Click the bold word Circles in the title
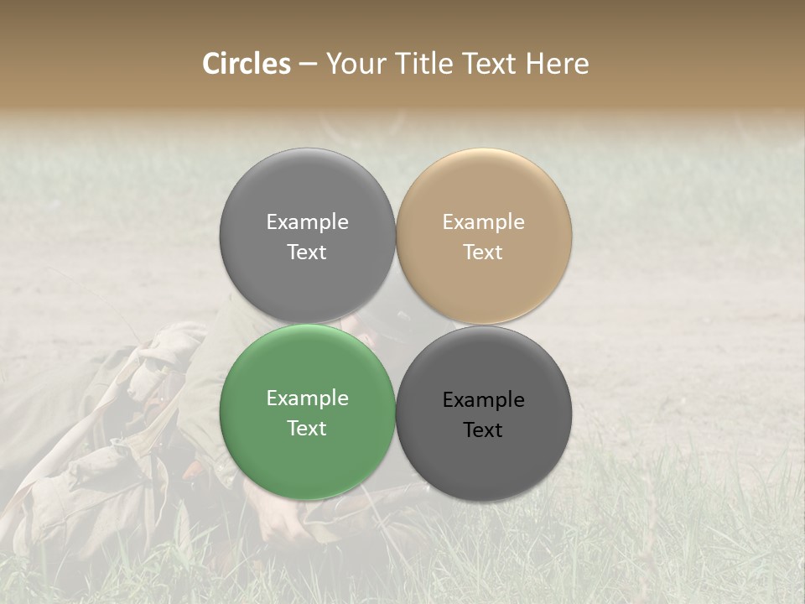coord(247,64)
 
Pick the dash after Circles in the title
coord(308,65)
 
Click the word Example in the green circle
coord(307,398)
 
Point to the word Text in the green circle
coord(307,429)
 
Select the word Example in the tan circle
coord(483,222)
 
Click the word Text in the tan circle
coord(483,253)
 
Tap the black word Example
coord(483,400)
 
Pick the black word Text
coord(483,430)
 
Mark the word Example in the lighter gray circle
coord(307,222)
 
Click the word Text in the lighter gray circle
coord(307,253)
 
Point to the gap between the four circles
coord(396,325)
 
